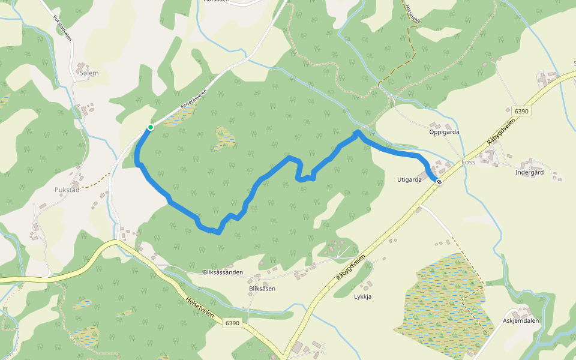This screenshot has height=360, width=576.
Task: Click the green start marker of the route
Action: tap(150, 127)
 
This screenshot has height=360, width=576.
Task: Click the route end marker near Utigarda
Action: tap(439, 182)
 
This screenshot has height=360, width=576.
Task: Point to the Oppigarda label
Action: tap(445, 131)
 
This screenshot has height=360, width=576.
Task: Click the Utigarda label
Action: tap(410, 179)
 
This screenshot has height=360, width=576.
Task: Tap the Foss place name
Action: tap(469, 163)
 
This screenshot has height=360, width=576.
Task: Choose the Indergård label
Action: tap(529, 172)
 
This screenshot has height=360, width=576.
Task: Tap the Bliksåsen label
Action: tap(262, 289)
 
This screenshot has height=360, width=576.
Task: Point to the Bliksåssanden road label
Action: tap(223, 272)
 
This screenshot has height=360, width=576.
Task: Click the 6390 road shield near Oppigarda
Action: tap(521, 111)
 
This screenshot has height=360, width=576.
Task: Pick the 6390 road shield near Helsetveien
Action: tap(233, 323)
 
